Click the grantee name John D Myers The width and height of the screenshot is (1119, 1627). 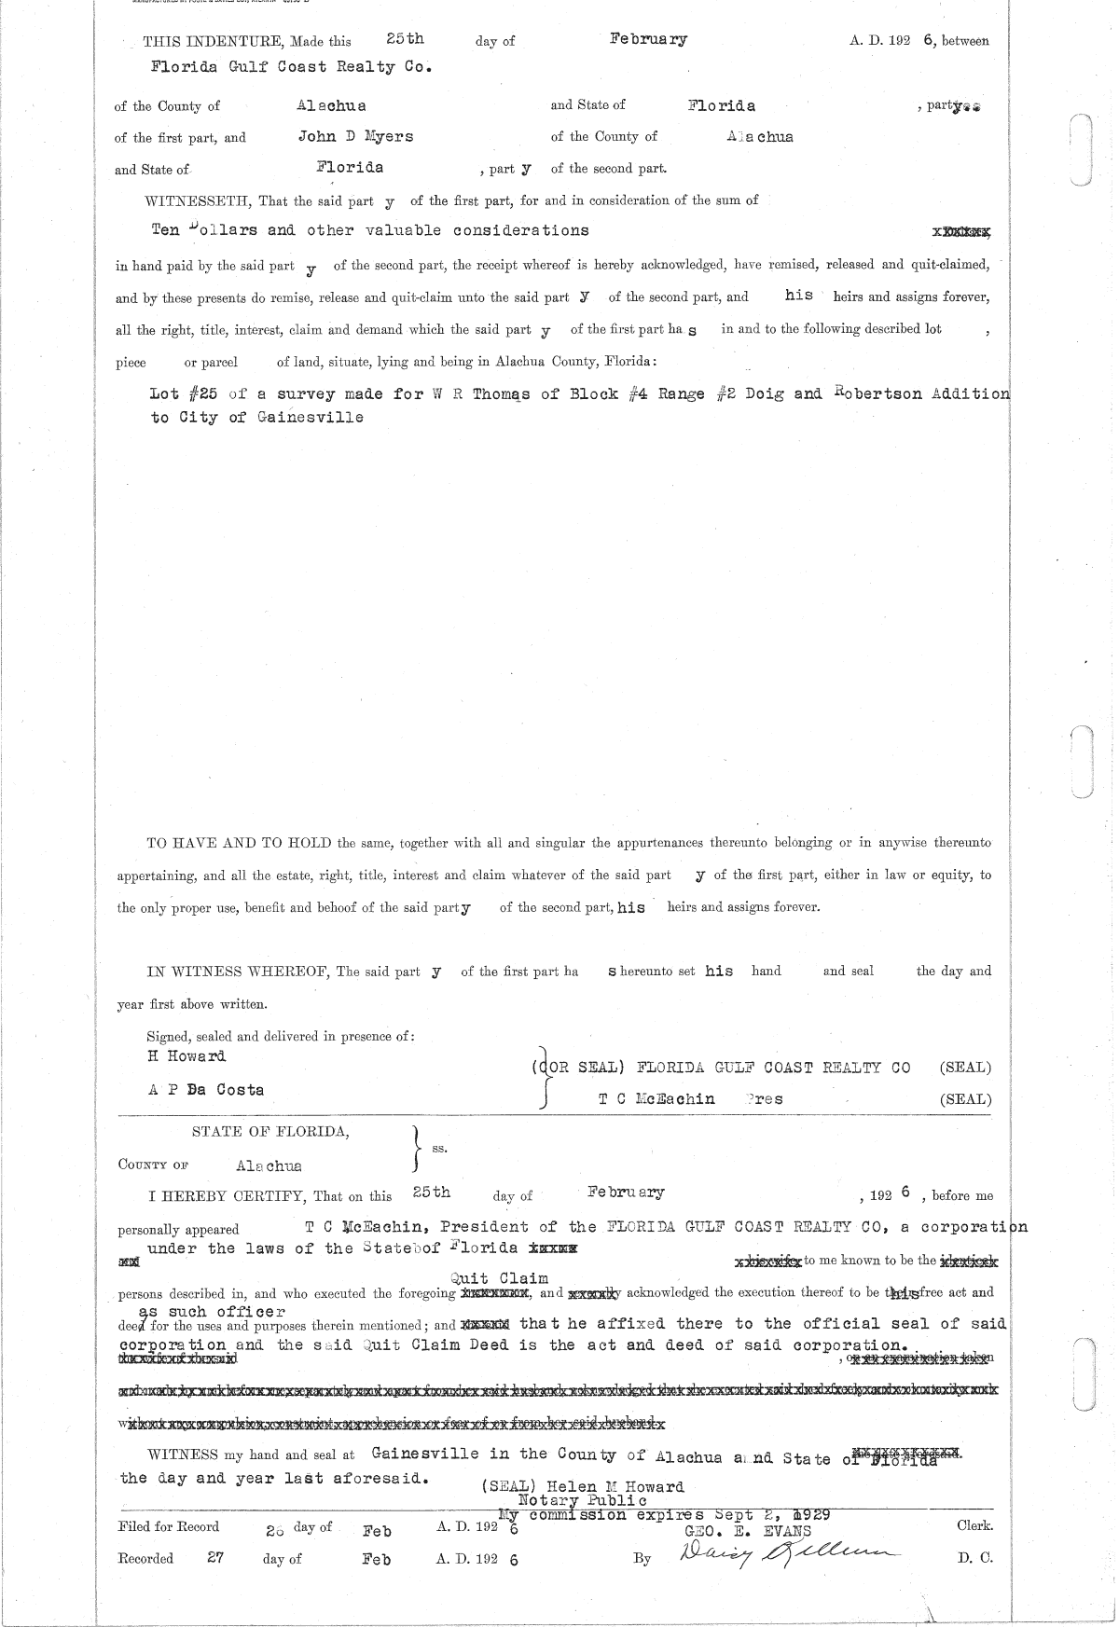pos(354,136)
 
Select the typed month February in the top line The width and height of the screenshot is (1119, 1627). pos(648,39)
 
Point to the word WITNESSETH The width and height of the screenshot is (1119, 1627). pos(192,200)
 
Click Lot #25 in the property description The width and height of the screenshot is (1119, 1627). pos(184,393)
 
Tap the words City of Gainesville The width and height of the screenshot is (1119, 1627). pos(256,418)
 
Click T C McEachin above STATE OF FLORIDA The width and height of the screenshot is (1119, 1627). pos(656,1098)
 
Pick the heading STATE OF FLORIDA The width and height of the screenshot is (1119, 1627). pos(270,1131)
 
